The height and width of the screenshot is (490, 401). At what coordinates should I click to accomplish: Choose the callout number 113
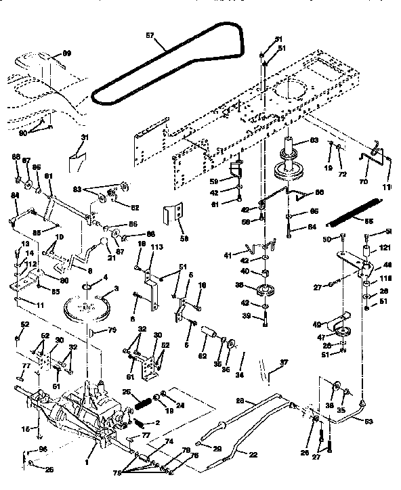pos(157,248)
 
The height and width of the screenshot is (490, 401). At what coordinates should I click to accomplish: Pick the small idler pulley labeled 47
pos(341,334)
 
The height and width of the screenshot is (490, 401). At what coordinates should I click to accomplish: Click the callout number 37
pos(284,362)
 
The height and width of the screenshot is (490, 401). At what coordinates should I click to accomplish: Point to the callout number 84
pos(15,196)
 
